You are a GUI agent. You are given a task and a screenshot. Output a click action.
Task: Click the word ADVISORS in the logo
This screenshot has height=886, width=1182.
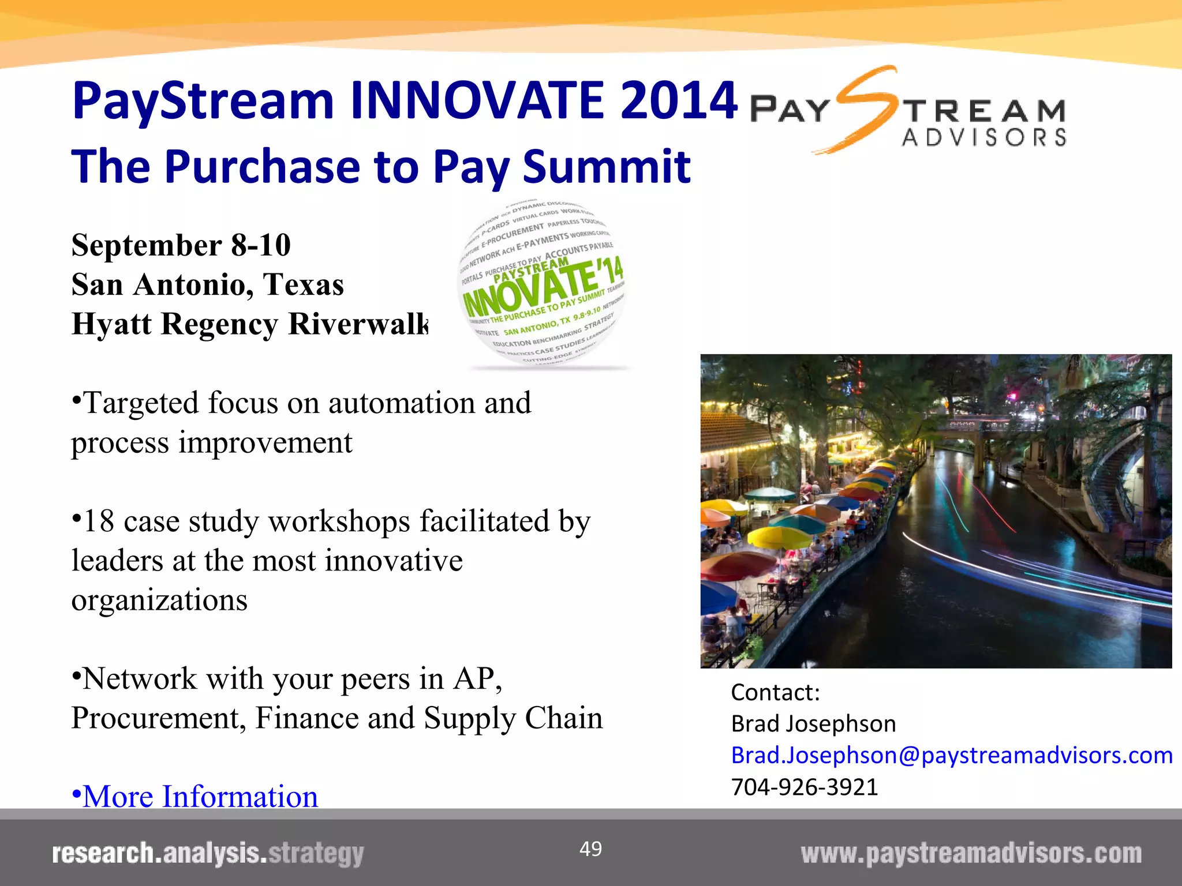pos(984,138)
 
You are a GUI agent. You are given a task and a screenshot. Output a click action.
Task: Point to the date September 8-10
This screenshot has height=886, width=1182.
pos(181,245)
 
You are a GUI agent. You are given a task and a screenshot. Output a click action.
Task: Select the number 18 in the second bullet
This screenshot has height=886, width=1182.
pos(99,521)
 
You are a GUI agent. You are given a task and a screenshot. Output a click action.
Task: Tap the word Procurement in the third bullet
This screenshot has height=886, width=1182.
pos(158,718)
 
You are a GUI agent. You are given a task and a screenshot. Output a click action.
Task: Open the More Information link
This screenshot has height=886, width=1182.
pos(200,797)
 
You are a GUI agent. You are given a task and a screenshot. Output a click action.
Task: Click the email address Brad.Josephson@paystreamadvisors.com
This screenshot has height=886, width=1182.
pos(951,755)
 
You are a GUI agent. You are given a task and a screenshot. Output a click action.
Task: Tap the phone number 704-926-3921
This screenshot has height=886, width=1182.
pos(804,787)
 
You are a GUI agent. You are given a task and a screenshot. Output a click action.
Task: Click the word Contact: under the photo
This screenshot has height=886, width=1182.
pos(775,692)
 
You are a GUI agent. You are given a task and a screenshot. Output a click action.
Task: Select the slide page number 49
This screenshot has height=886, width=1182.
pos(590,849)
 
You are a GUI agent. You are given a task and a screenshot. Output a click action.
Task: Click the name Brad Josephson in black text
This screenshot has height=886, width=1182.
pos(813,724)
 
